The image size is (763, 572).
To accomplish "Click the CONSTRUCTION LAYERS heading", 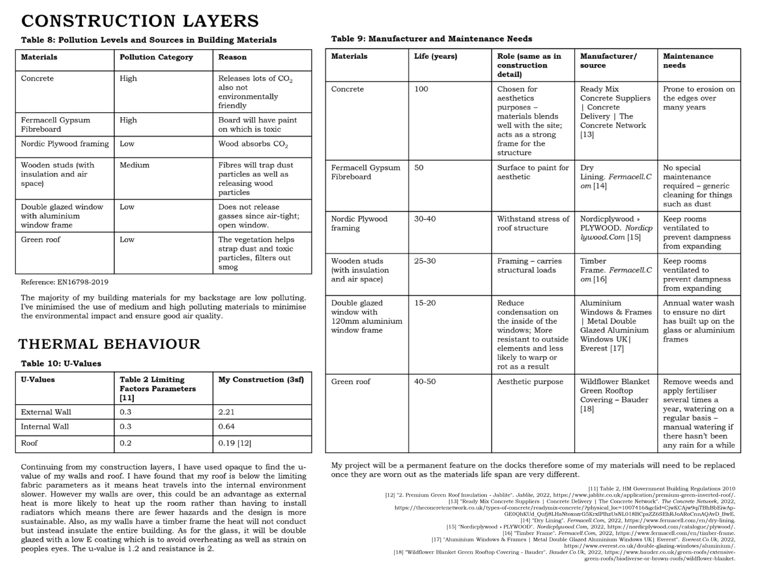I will click(140, 21).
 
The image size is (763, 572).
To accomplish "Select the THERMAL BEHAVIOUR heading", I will click(109, 344).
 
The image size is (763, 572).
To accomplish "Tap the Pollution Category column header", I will click(156, 57).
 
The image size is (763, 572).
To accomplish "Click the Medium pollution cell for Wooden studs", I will click(134, 165).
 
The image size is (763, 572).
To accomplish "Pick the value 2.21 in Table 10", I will click(226, 412).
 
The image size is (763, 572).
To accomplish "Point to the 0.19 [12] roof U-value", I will click(235, 443).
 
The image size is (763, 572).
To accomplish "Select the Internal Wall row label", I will click(45, 427).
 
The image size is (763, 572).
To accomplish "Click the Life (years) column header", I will click(435, 56).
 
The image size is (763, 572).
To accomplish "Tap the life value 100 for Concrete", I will click(421, 89).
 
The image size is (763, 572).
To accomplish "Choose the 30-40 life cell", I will click(425, 219).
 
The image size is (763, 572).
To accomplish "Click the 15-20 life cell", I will click(425, 303).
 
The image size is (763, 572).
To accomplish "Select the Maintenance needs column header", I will click(688, 61).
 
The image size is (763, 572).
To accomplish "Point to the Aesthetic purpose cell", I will click(530, 382).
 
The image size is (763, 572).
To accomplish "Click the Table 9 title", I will click(431, 39).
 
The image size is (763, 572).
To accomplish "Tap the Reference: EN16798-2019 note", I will click(64, 282).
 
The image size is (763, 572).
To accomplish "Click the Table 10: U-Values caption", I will click(61, 363).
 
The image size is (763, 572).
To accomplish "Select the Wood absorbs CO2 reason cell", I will click(253, 144).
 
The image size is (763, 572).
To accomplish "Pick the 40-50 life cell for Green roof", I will click(425, 382).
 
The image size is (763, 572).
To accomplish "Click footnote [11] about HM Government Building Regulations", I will click(662, 488).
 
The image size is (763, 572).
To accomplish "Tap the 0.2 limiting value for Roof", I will click(125, 443).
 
